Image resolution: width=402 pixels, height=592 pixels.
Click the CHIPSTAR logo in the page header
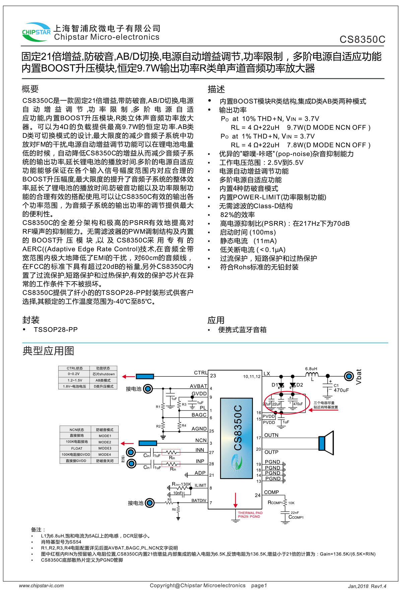pos(36,32)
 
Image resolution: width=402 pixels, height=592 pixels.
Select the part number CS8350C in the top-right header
pos(362,40)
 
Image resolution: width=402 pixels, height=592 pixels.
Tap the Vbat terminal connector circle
pos(349,376)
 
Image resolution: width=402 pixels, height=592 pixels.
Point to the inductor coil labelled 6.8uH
pos(312,375)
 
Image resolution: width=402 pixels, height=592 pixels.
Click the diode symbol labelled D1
pos(281,385)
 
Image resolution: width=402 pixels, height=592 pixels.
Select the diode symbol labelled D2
pos(293,385)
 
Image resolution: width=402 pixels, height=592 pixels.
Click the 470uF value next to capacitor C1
pos(341,390)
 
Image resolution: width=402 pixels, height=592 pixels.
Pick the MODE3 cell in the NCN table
pos(105,448)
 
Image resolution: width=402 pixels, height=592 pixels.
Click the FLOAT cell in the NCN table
pos(76,448)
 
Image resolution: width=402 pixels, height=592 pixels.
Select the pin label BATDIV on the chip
pos(199,501)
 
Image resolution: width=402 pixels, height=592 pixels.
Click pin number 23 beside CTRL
pos(213,376)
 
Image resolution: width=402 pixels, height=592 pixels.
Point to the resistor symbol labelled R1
pos(163,406)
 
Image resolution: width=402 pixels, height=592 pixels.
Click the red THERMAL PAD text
pos(250,513)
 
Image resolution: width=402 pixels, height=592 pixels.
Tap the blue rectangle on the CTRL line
pos(145,376)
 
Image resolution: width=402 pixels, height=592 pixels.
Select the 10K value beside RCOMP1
pos(291,503)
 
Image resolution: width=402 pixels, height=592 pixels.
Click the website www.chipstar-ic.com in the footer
pos(41,586)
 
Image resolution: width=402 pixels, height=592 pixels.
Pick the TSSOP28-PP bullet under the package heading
pos(56,330)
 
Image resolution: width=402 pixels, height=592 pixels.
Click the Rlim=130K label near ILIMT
pos(181,484)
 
